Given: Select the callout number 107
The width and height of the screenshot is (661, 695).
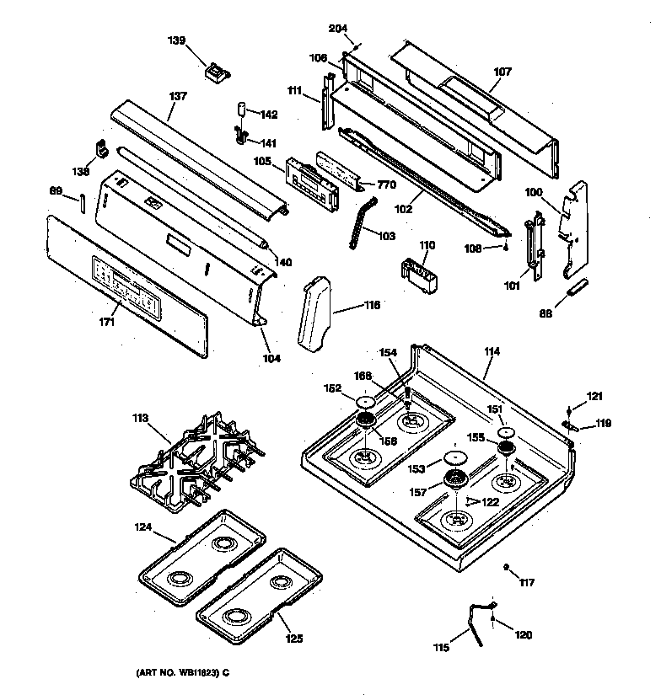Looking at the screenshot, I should point(502,72).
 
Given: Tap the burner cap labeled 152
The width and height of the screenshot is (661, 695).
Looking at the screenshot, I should point(365,402).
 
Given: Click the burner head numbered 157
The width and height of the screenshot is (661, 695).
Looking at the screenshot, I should point(455,481).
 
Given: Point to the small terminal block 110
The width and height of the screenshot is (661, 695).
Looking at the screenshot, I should point(418,274).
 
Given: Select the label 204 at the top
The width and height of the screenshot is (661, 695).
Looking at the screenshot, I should point(337,29).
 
